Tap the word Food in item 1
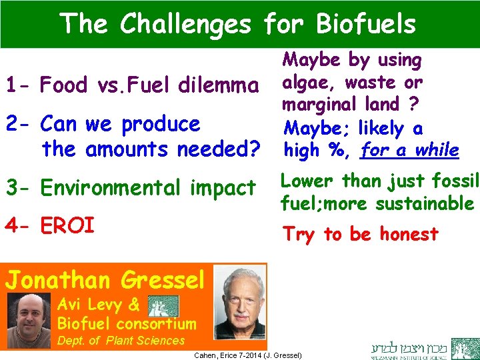point(64,85)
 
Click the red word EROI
point(68,225)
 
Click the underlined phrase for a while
point(409,150)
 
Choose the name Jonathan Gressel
point(106,279)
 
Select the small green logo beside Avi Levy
point(163,305)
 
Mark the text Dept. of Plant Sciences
point(121,341)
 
